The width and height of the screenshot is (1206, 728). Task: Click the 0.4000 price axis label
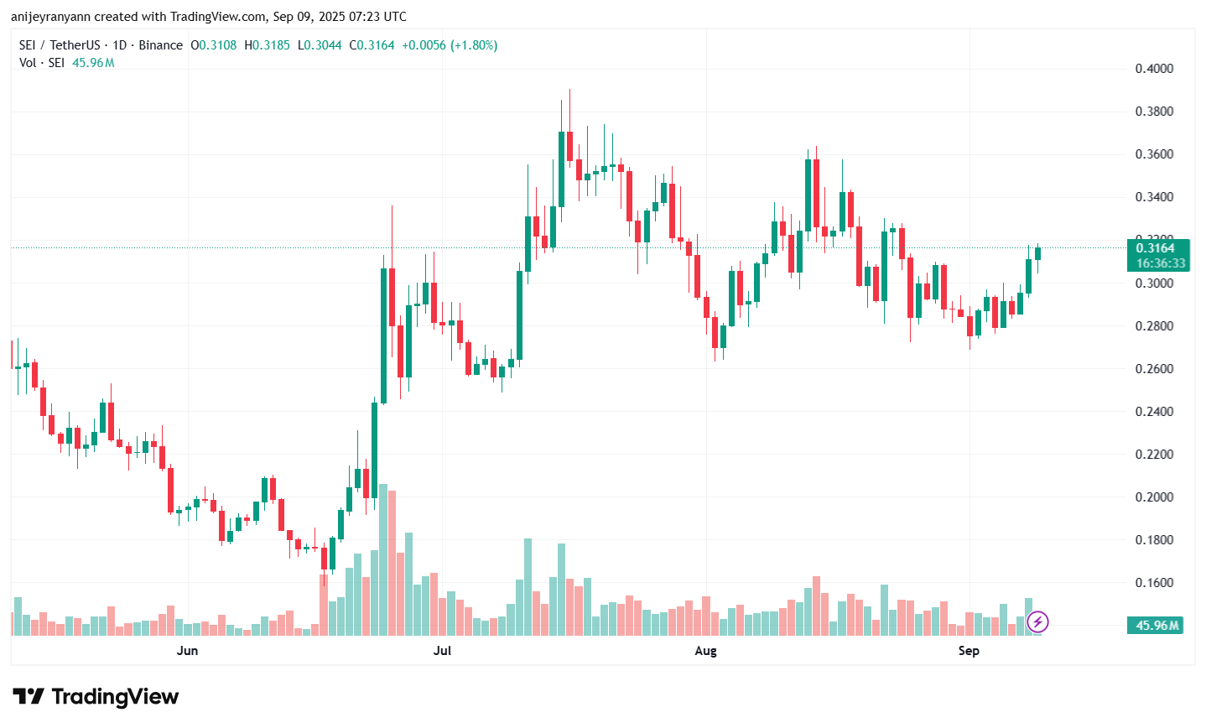1154,69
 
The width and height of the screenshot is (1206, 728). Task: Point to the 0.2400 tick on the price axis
1154,412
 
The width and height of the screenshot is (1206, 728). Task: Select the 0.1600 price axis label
1154,583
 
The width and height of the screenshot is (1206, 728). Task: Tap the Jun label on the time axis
188,651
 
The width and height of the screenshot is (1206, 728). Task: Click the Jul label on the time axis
442,651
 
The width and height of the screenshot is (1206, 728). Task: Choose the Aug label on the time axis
706,651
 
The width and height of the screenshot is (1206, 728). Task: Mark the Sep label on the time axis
969,651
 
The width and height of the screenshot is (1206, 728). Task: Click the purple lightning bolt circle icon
1038,621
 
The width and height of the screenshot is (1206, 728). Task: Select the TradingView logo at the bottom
96,697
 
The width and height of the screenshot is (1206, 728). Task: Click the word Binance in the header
160,45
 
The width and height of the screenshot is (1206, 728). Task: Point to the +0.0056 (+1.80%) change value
450,45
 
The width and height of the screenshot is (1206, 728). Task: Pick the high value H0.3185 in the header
267,45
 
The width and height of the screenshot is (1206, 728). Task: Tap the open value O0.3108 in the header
214,45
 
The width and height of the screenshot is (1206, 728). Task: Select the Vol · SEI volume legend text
42,63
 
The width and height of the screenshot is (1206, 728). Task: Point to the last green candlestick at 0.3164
1037,253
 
